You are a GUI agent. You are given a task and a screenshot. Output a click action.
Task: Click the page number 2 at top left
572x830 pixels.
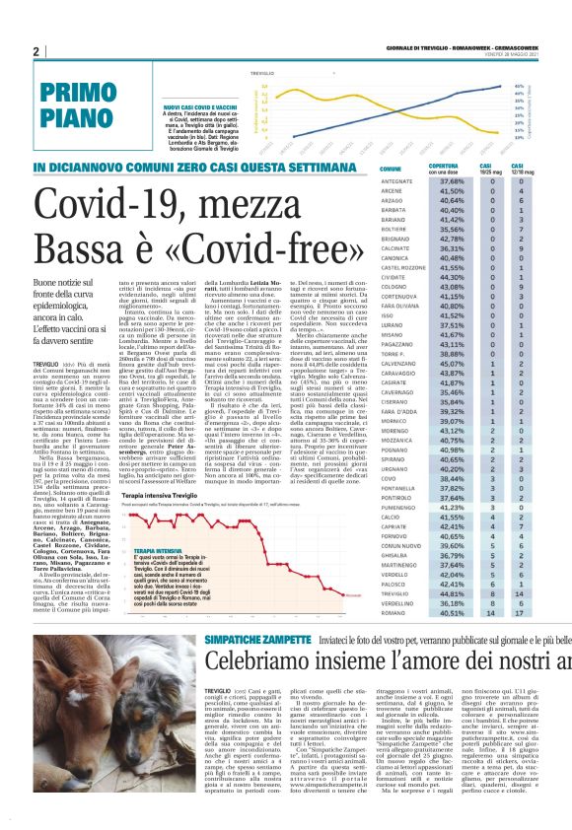[x=36, y=51]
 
